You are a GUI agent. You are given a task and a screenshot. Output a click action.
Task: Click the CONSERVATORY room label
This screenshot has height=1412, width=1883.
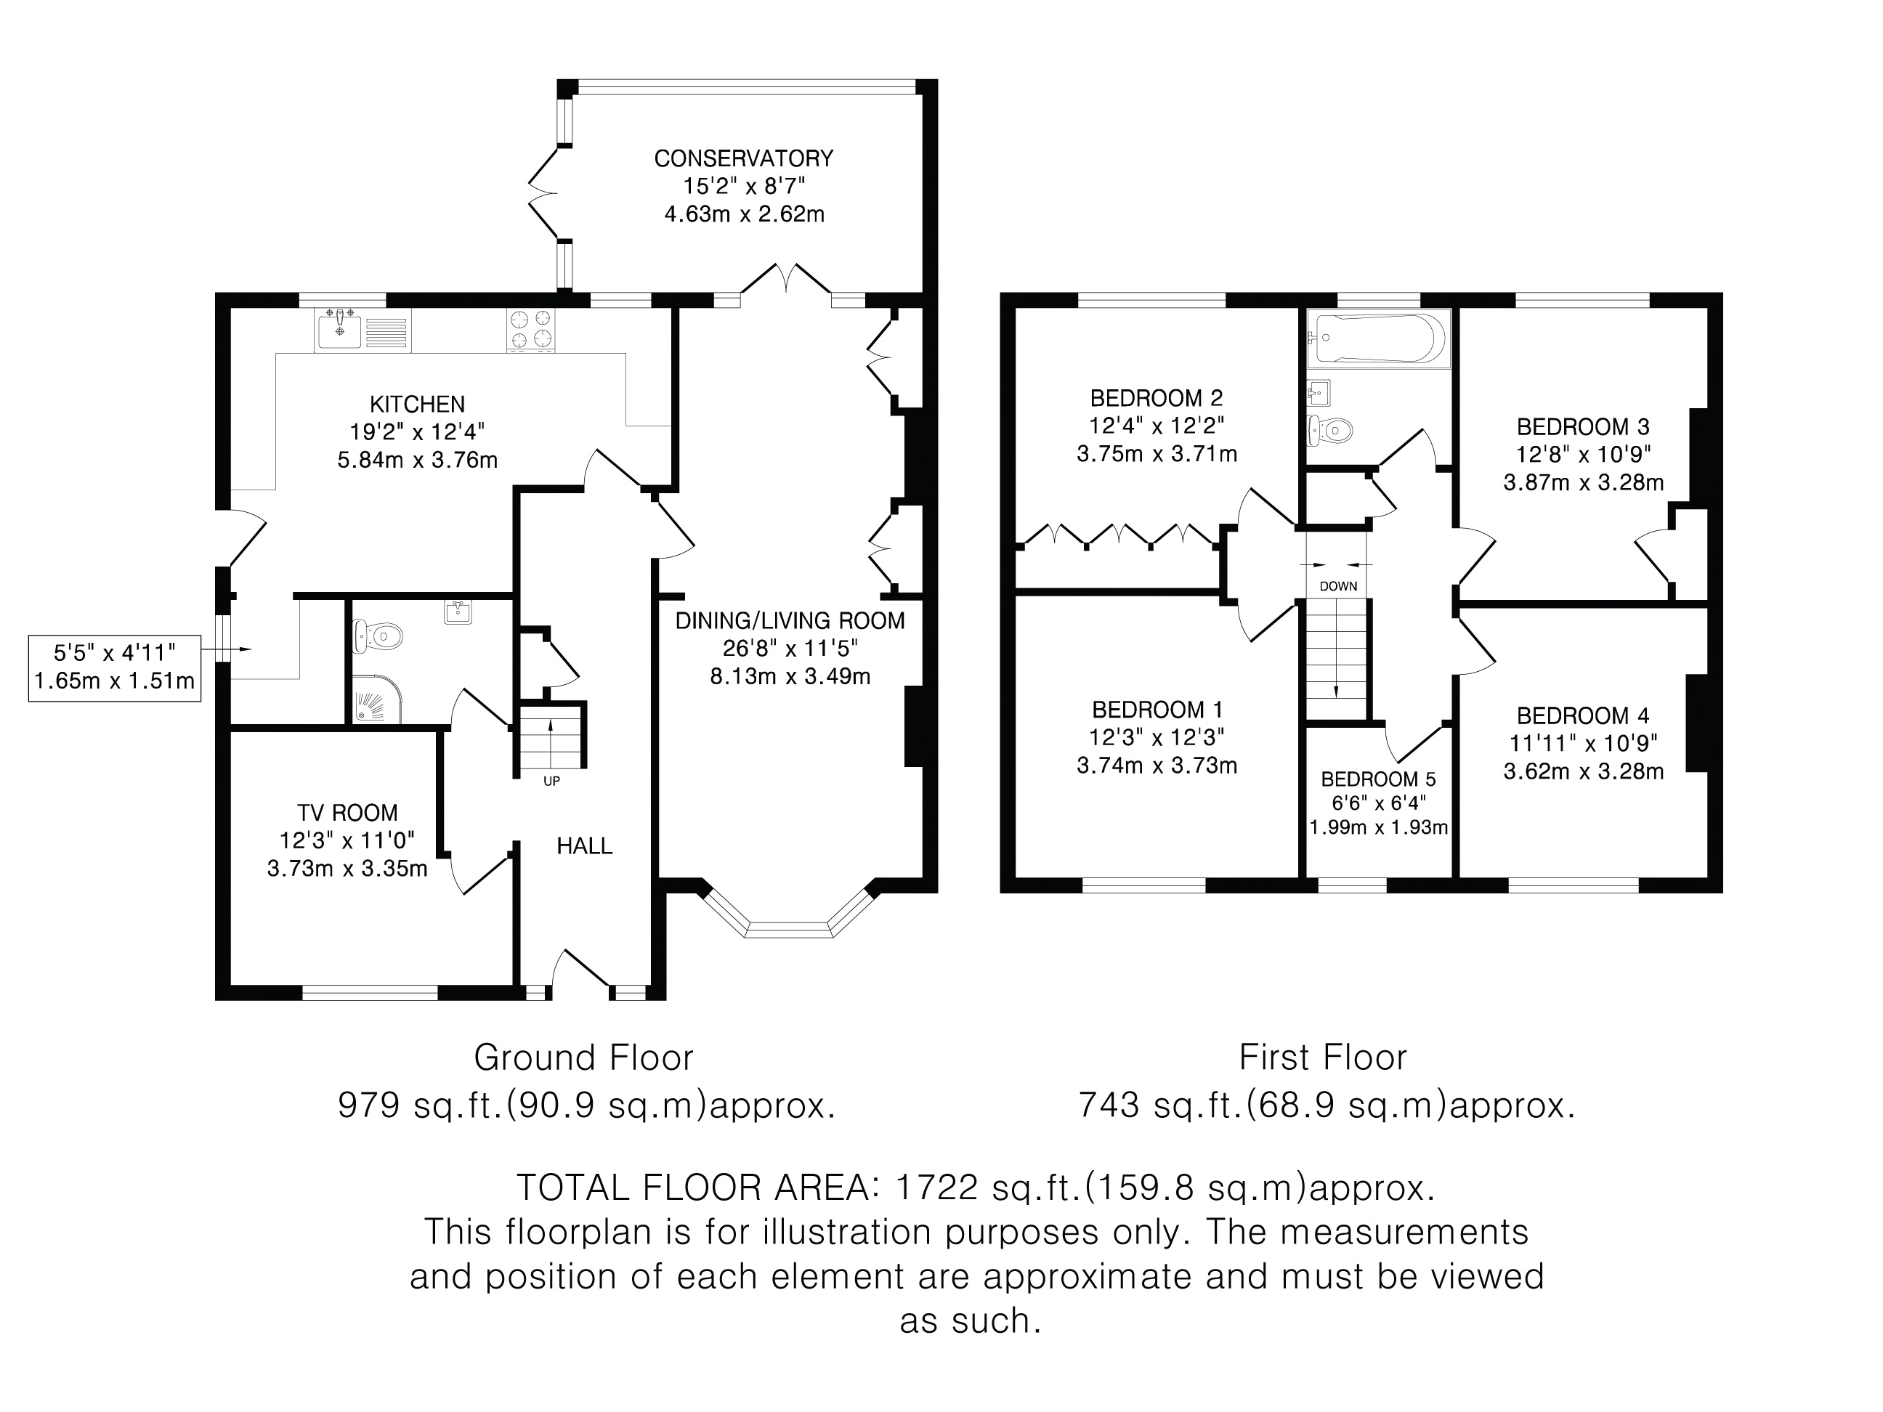(x=743, y=158)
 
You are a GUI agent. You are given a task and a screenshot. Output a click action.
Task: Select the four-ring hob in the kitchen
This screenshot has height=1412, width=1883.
(x=531, y=329)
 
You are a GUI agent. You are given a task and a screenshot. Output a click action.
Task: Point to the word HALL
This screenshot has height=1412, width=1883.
(x=584, y=845)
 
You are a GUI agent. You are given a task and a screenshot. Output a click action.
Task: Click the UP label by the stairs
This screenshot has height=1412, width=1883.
(x=551, y=781)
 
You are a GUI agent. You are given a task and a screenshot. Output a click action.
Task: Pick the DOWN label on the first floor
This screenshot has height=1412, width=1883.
(x=1338, y=585)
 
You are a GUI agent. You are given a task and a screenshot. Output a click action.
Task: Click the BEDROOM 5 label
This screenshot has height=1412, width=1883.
(x=1378, y=779)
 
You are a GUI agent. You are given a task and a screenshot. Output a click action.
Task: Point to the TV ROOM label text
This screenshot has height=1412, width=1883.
(x=347, y=813)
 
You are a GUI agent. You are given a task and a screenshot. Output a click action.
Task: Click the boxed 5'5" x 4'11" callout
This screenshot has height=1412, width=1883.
(x=115, y=667)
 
